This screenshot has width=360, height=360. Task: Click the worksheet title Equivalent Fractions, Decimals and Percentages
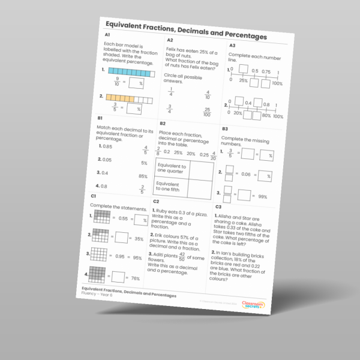[186, 31]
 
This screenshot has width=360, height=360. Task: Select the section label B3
[225, 128]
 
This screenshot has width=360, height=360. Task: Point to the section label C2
[155, 202]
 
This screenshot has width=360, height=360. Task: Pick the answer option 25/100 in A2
[207, 112]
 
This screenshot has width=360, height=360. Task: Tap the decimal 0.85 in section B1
[107, 146]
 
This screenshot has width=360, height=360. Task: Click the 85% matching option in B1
[143, 176]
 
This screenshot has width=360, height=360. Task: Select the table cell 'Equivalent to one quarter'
[170, 169]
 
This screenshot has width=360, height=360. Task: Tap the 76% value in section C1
[136, 278]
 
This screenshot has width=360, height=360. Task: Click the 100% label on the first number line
[277, 83]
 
